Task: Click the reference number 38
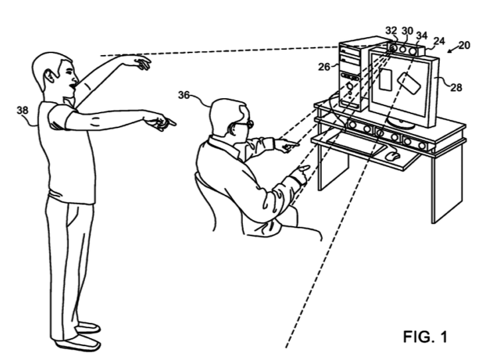click(22, 111)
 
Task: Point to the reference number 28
click(456, 86)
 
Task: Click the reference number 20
click(464, 45)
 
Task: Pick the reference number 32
click(391, 30)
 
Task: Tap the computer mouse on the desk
click(393, 156)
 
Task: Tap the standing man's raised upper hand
click(141, 63)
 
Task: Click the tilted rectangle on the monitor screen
click(409, 86)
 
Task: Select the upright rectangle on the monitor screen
click(386, 80)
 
